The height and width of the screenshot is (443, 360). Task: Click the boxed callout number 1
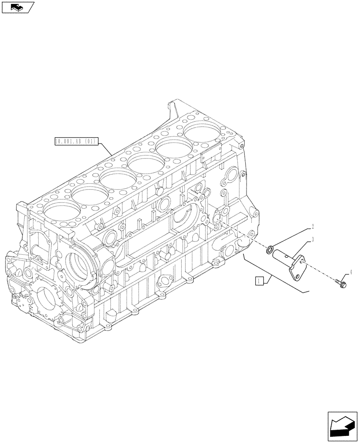tap(259, 280)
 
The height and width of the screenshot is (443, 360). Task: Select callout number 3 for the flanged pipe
tap(313, 240)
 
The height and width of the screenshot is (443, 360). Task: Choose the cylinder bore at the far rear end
tap(202, 132)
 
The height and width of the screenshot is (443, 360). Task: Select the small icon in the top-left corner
tap(18, 7)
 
